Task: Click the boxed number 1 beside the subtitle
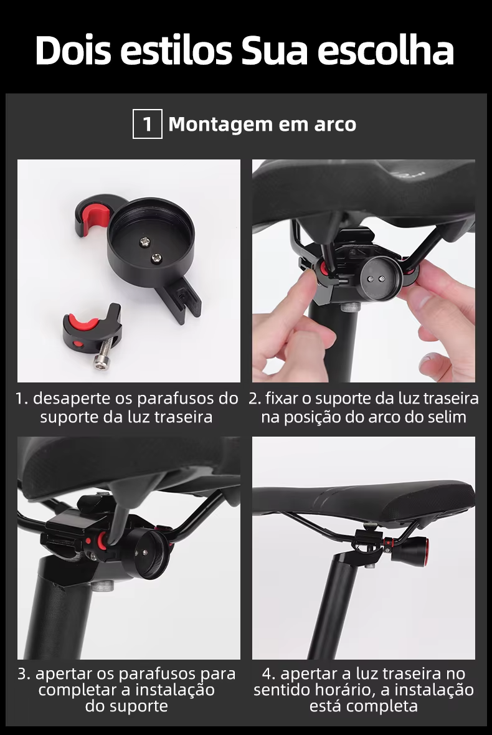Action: click(148, 124)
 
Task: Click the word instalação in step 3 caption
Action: click(175, 690)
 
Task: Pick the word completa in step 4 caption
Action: click(382, 706)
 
